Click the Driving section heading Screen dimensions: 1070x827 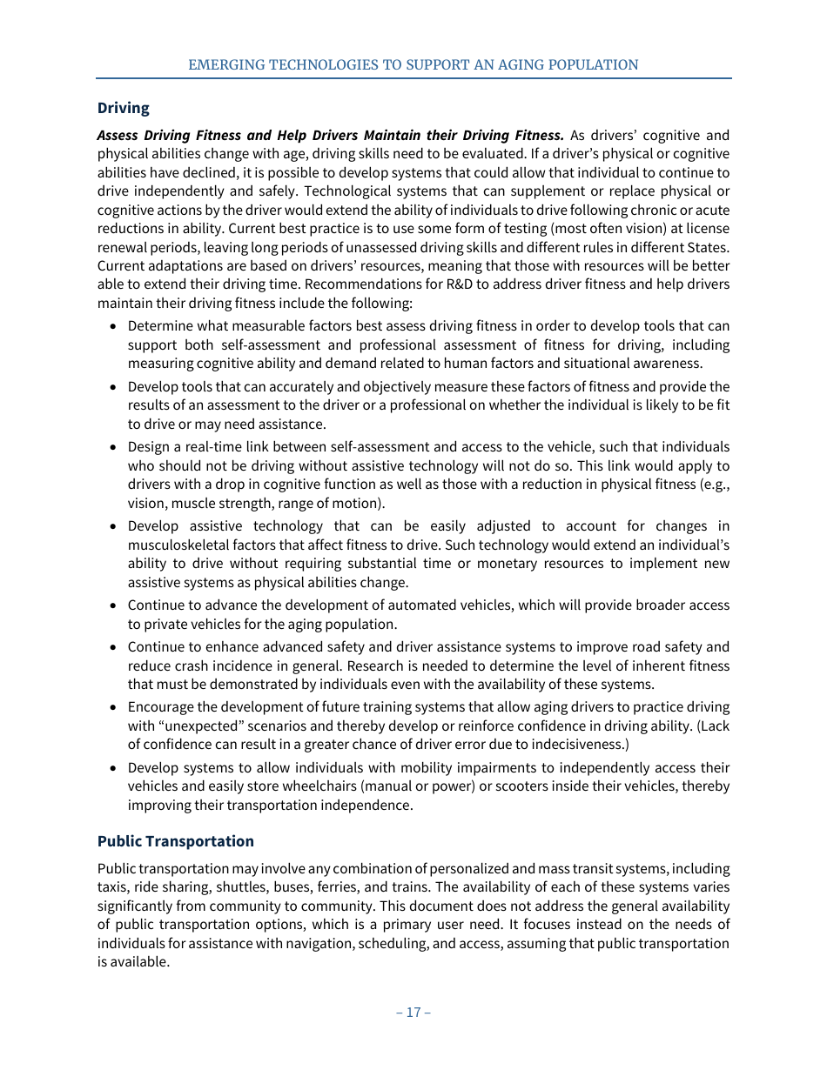pyautogui.click(x=123, y=108)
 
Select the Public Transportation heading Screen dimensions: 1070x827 pyautogui.click(x=175, y=841)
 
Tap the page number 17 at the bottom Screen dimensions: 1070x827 pyautogui.click(x=413, y=1012)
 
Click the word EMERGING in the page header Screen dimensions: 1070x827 pyautogui.click(x=225, y=65)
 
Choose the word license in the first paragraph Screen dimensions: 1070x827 pyautogui.click(x=707, y=229)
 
